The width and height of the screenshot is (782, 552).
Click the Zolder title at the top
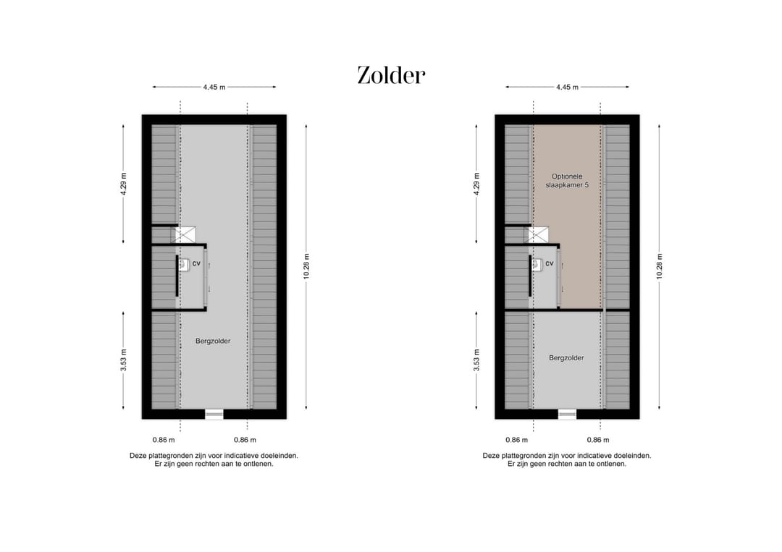[391, 75]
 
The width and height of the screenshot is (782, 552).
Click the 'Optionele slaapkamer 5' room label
[566, 180]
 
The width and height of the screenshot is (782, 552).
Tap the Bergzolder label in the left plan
[213, 341]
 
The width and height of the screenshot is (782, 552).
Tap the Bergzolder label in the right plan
[566, 357]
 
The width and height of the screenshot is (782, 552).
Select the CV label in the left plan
[196, 264]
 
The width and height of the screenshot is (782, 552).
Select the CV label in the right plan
[550, 264]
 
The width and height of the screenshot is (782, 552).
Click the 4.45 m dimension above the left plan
[214, 87]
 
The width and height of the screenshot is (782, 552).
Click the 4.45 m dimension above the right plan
[567, 87]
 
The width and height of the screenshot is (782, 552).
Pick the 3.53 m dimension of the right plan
[476, 360]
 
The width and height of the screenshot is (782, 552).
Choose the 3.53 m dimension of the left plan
[123, 360]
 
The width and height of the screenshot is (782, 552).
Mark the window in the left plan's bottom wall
[214, 414]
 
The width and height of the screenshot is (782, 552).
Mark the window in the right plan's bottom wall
[568, 414]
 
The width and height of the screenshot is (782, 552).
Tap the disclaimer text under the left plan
[214, 460]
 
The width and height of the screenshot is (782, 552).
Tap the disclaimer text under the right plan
[567, 460]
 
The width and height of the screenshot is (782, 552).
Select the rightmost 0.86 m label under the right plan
[598, 440]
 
